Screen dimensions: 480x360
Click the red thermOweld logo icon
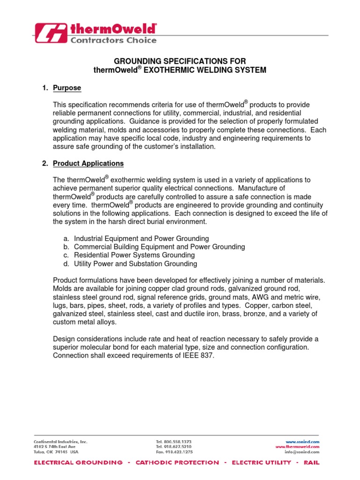pyautogui.click(x=51, y=35)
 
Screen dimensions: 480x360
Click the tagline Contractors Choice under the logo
pyautogui.click(x=113, y=40)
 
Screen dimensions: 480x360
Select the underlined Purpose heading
pyautogui.click(x=67, y=88)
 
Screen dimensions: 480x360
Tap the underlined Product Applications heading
pyautogui.click(x=89, y=164)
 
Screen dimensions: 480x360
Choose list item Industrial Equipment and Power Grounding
pyautogui.click(x=142, y=239)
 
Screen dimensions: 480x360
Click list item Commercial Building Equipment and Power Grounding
pyautogui.click(x=159, y=247)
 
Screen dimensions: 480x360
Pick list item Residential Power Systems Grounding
pyautogui.click(x=135, y=255)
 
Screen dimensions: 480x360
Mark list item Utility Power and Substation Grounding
pyautogui.click(x=135, y=263)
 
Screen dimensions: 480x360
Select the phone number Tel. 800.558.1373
pyautogui.click(x=173, y=442)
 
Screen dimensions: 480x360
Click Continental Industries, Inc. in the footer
pyautogui.click(x=60, y=442)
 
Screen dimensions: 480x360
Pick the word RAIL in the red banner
pyautogui.click(x=311, y=463)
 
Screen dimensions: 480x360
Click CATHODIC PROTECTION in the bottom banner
pyautogui.click(x=177, y=463)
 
